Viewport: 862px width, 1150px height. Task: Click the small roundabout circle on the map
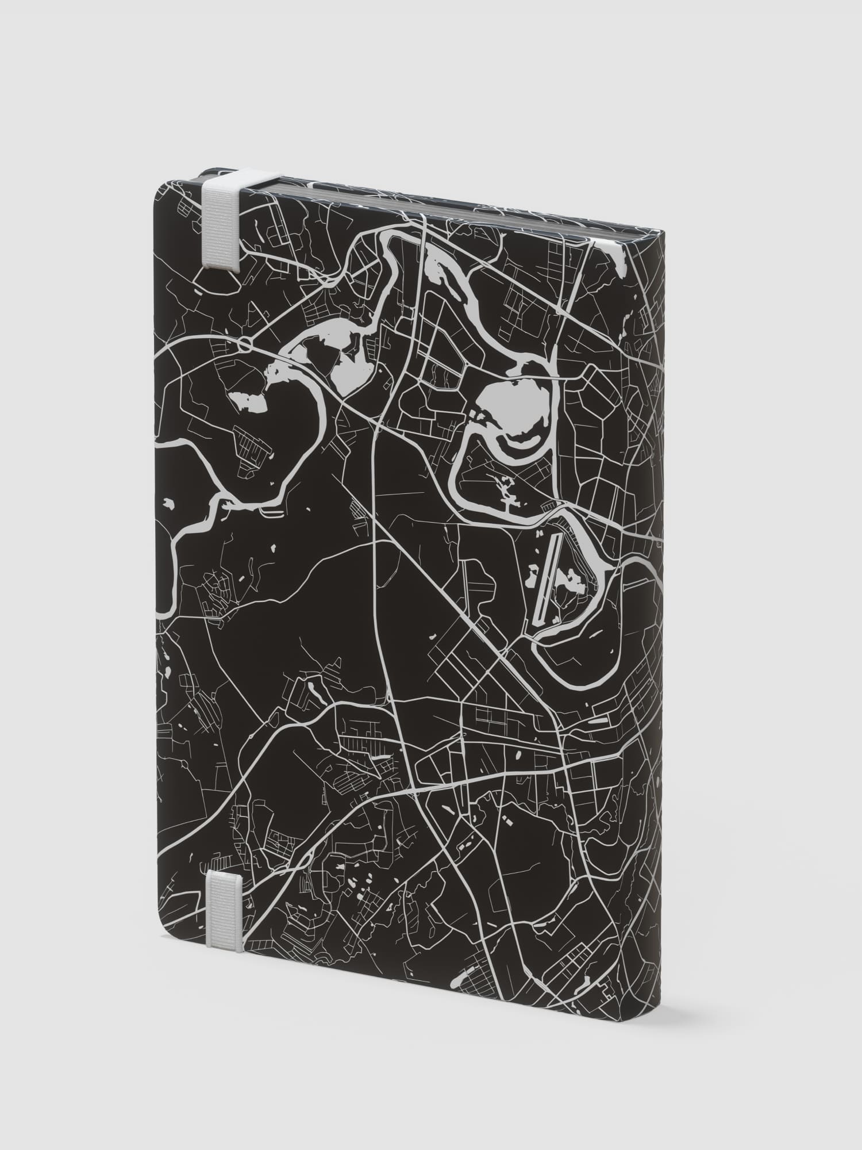click(x=246, y=346)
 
